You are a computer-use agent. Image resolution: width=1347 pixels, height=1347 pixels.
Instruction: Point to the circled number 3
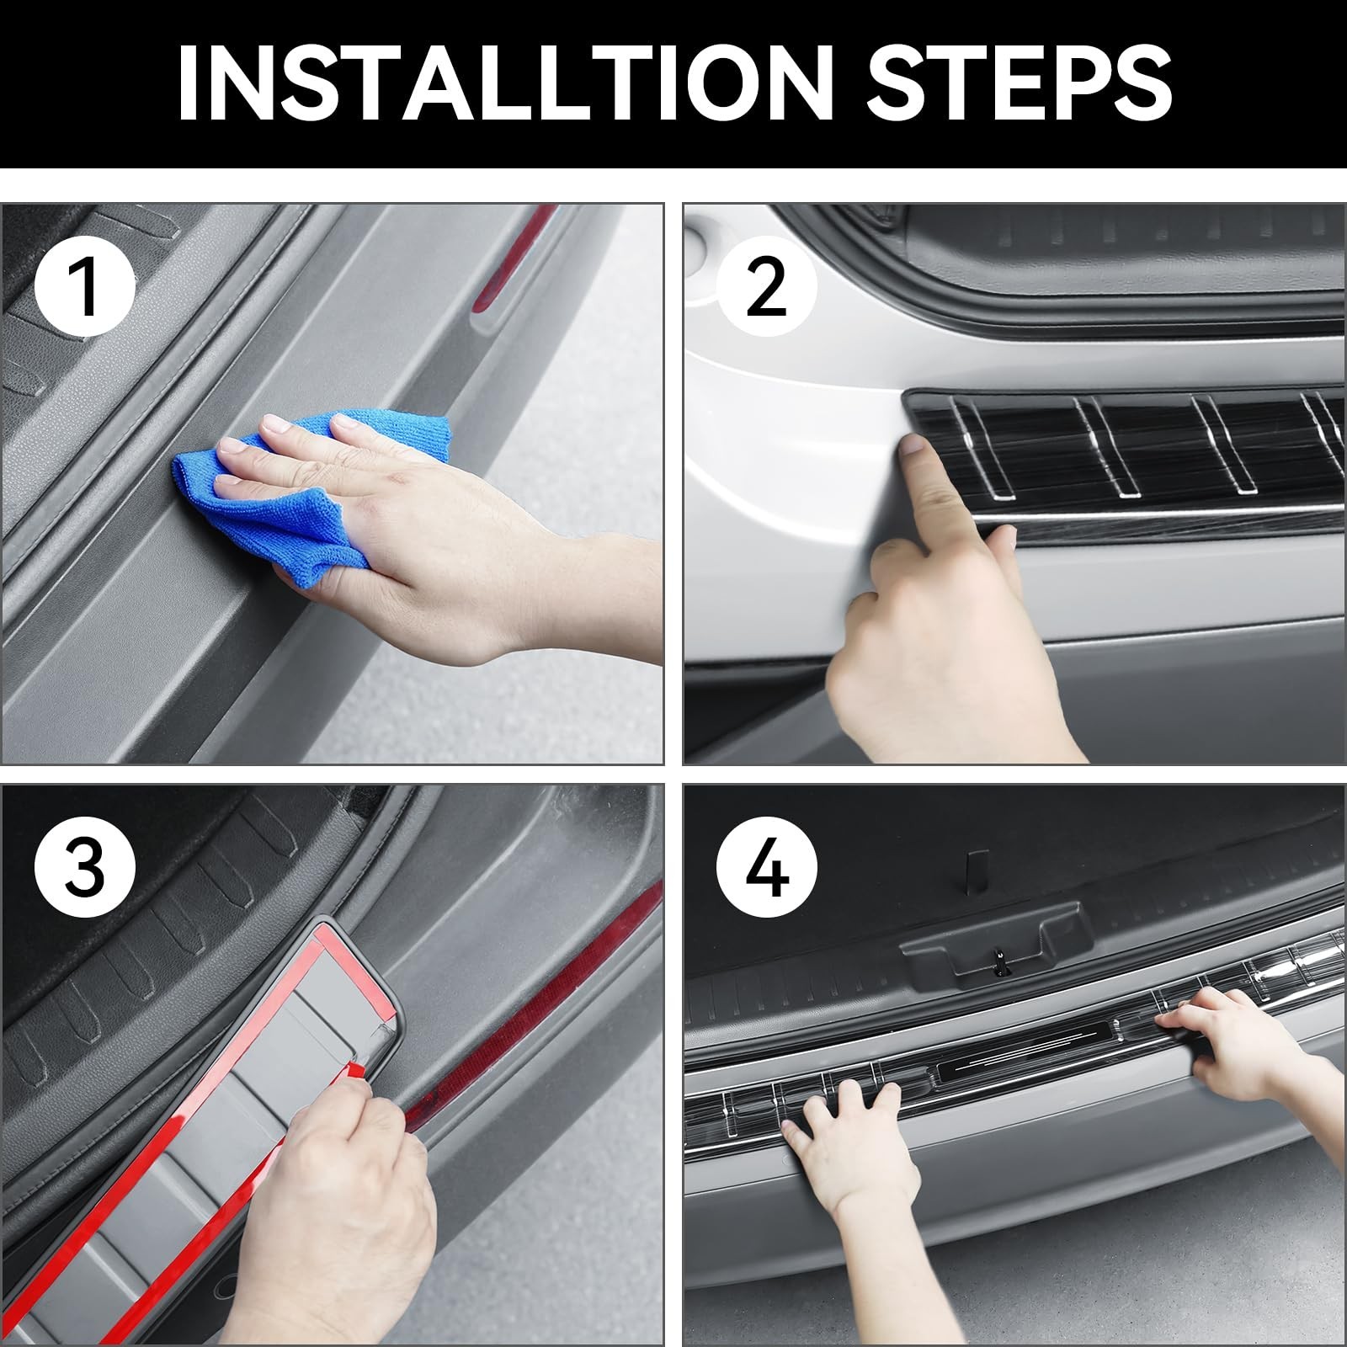tap(84, 868)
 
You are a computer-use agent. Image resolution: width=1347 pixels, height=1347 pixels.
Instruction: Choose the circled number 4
tap(766, 868)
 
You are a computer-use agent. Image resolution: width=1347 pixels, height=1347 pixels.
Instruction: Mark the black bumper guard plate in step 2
tap(1124, 463)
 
